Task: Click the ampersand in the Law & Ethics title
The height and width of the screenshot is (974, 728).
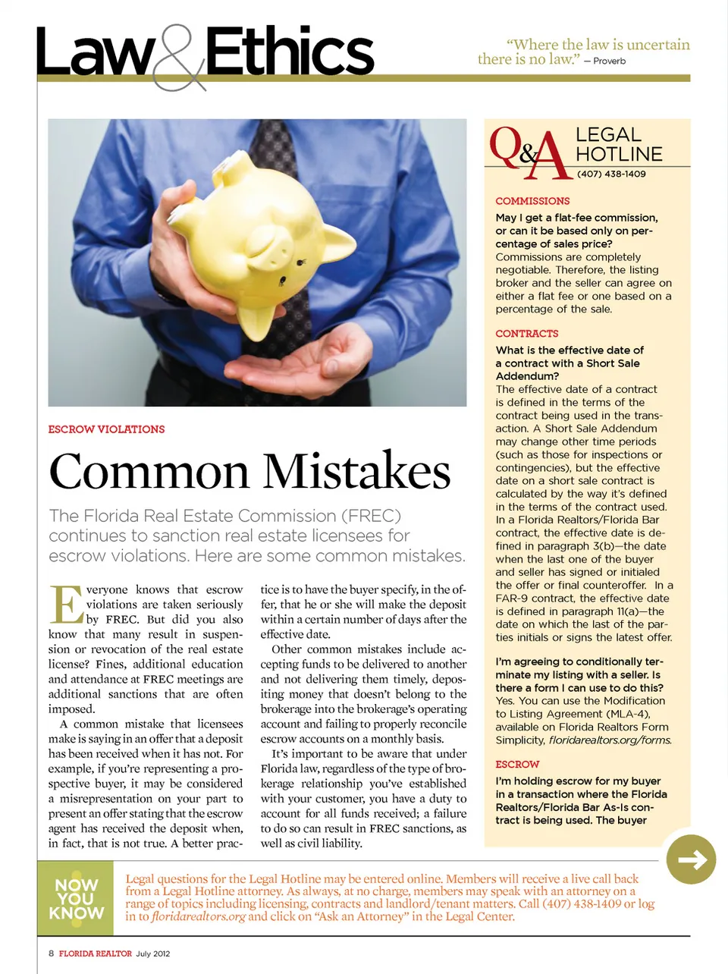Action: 178,58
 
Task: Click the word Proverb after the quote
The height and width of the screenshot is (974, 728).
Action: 609,61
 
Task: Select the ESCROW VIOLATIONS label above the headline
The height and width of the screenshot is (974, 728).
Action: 106,429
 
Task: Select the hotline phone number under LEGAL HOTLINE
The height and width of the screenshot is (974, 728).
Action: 611,174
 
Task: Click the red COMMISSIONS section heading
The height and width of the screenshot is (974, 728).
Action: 532,201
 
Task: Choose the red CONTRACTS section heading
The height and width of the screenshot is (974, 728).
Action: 526,334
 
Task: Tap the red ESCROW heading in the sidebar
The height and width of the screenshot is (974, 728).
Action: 517,765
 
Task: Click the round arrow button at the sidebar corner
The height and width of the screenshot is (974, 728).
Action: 691,859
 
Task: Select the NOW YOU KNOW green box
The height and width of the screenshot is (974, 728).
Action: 76,899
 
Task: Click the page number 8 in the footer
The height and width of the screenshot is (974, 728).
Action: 51,954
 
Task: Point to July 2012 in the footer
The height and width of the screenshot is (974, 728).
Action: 153,954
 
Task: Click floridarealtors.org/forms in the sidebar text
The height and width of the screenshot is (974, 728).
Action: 610,740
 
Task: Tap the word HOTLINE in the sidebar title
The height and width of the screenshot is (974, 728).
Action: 619,154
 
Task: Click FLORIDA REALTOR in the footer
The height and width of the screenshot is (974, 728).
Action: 96,954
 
